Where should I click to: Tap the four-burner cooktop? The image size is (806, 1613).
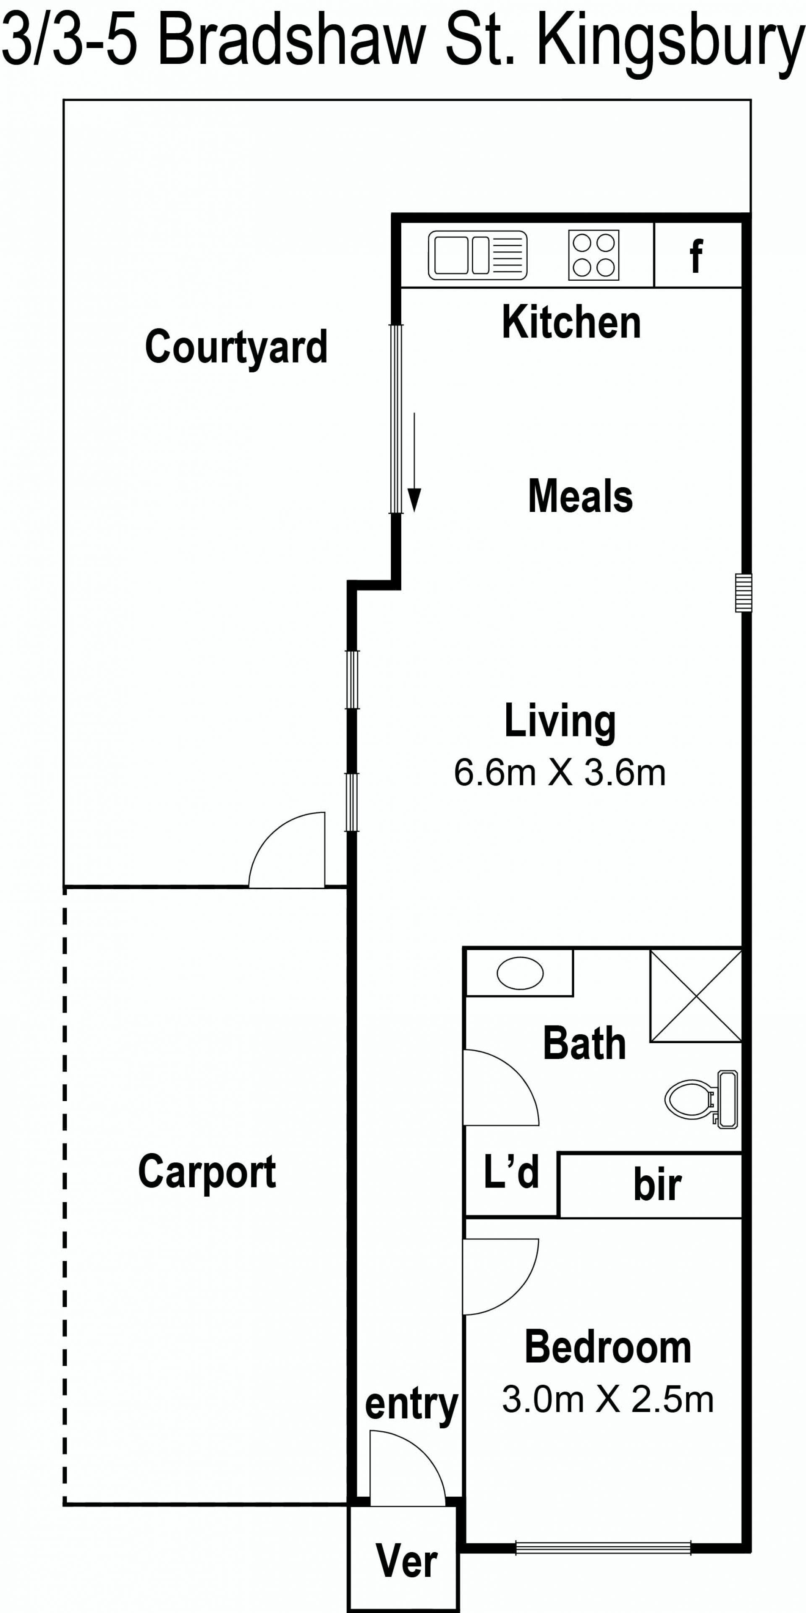[x=594, y=256]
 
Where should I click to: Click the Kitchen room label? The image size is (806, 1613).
[x=571, y=323]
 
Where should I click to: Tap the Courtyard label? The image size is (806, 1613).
[x=236, y=347]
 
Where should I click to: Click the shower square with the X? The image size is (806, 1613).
[x=696, y=996]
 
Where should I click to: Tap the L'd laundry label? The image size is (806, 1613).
[x=511, y=1172]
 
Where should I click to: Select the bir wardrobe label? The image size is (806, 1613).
[x=657, y=1184]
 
